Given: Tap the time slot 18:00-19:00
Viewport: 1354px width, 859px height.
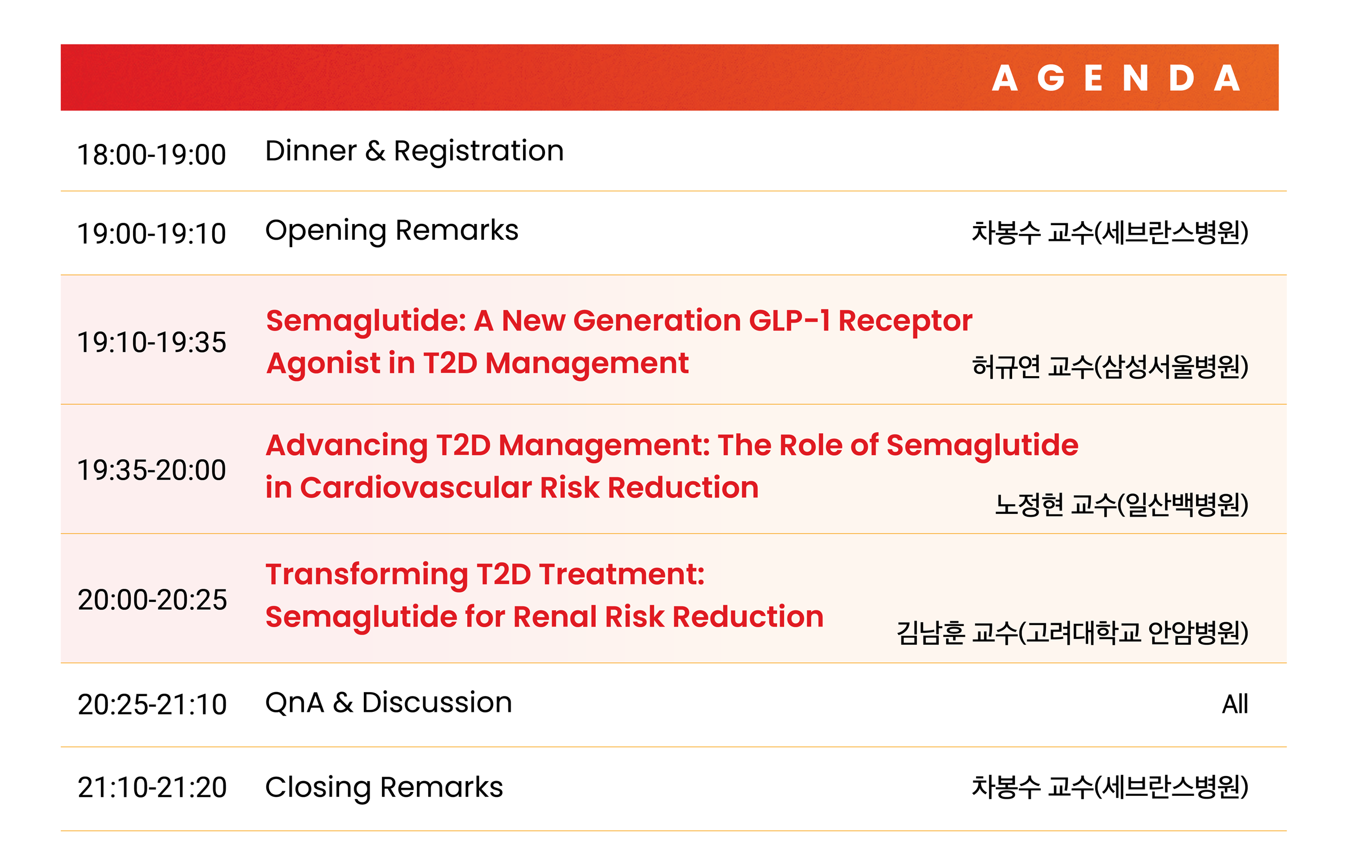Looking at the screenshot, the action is point(152,155).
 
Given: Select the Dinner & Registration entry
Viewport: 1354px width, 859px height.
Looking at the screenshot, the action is point(415,151).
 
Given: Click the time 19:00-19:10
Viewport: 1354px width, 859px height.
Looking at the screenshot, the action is point(152,234).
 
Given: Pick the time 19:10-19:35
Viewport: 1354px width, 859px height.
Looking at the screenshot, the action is point(152,342).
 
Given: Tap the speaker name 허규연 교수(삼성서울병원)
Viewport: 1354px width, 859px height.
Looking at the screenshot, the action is point(1110,367).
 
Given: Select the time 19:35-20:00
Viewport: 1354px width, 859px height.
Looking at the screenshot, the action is point(152,470).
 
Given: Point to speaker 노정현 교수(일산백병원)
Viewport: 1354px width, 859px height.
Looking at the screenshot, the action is point(1122,504).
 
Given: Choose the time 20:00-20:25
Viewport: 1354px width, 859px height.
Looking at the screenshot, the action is point(152,600).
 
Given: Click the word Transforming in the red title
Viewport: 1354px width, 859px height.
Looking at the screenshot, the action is point(367,575).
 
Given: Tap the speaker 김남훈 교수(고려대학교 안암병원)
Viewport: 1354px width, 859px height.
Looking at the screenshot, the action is point(1072,632).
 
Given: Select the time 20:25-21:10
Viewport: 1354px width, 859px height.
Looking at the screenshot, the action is point(152,704).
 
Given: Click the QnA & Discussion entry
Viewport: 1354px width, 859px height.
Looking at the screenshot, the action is point(389,703).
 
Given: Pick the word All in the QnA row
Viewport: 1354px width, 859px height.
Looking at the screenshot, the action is point(1235,704).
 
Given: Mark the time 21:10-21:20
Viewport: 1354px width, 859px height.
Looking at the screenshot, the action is point(152,787).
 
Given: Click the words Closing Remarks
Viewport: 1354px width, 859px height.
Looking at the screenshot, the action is point(384,787).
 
